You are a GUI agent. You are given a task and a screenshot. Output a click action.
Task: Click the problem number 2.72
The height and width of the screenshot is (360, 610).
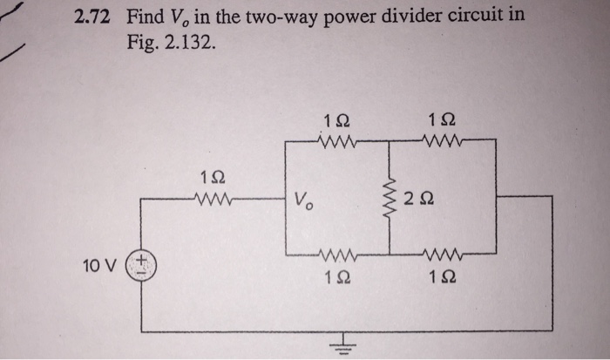(x=97, y=17)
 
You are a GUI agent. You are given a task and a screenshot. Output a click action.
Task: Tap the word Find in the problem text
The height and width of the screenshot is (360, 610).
(x=146, y=17)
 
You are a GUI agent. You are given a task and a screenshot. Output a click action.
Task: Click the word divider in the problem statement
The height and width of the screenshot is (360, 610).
(x=407, y=17)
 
